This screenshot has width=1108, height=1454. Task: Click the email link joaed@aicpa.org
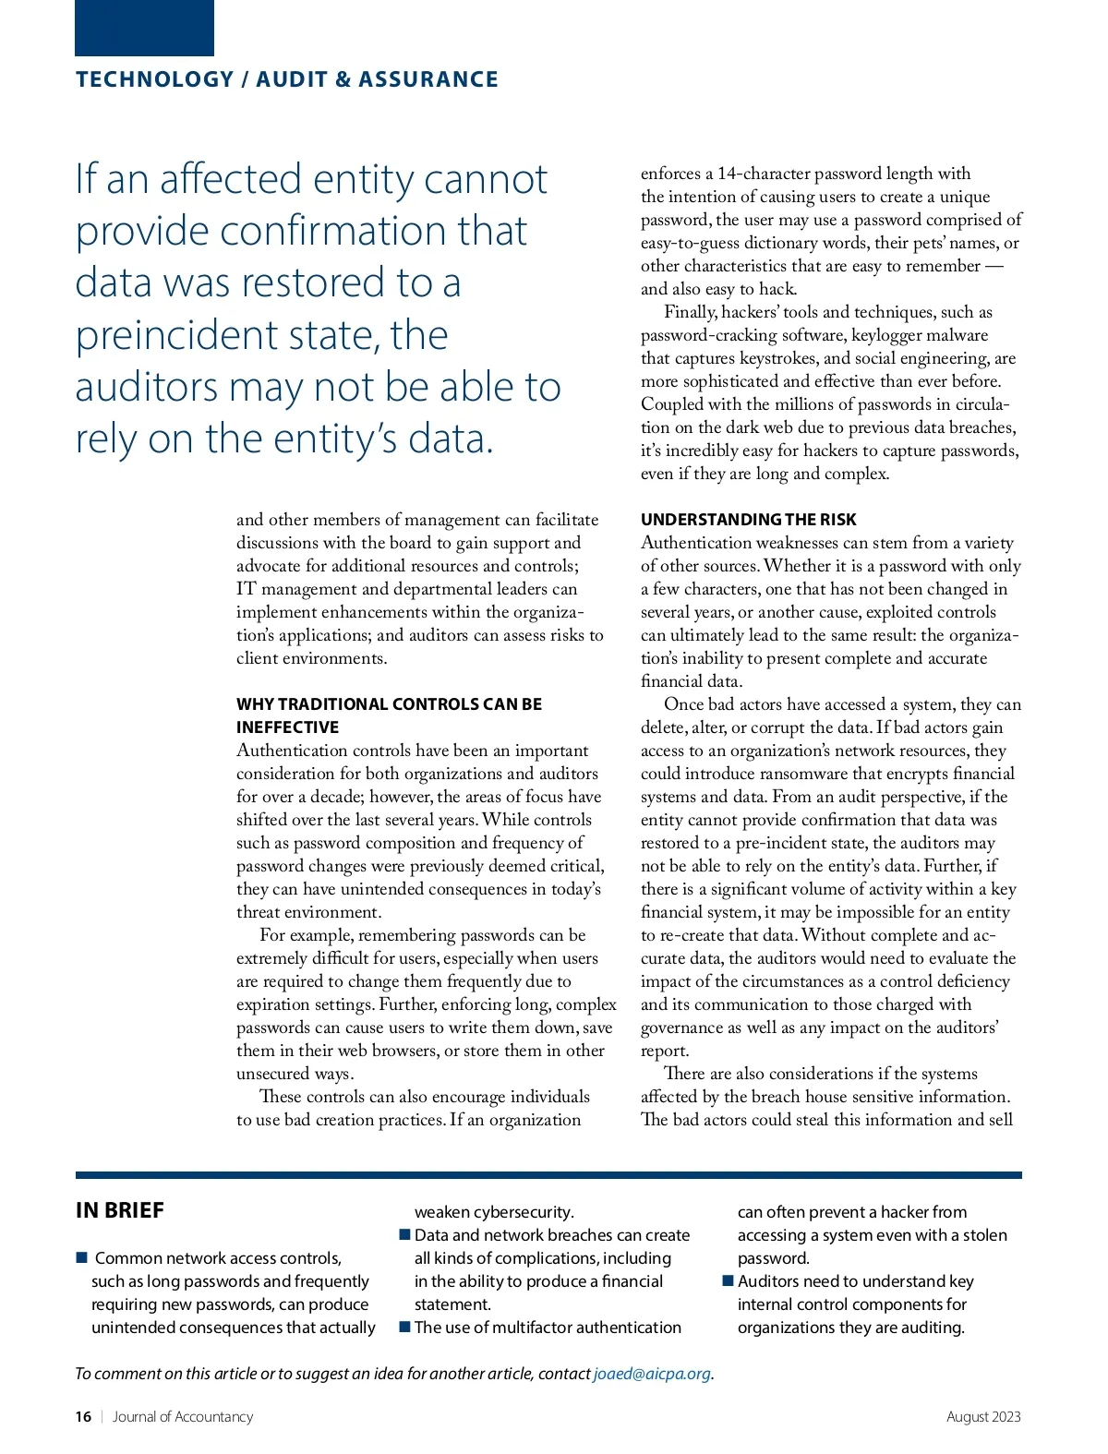pos(652,1374)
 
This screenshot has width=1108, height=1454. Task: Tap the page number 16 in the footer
pos(83,1417)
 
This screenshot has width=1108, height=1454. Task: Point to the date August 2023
pos(983,1417)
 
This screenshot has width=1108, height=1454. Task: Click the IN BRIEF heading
pos(120,1210)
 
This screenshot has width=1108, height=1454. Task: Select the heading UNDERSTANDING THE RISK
pos(749,520)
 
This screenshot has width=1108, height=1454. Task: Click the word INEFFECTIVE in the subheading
pos(287,727)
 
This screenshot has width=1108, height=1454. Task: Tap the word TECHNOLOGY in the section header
pos(155,79)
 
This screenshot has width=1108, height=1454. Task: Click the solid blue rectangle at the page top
pos(144,28)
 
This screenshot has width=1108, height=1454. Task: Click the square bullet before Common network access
pos(81,1258)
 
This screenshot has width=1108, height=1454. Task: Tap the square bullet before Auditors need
pos(728,1281)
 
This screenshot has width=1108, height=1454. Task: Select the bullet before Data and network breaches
pos(404,1235)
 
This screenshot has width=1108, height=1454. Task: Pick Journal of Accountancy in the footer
pos(183,1417)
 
